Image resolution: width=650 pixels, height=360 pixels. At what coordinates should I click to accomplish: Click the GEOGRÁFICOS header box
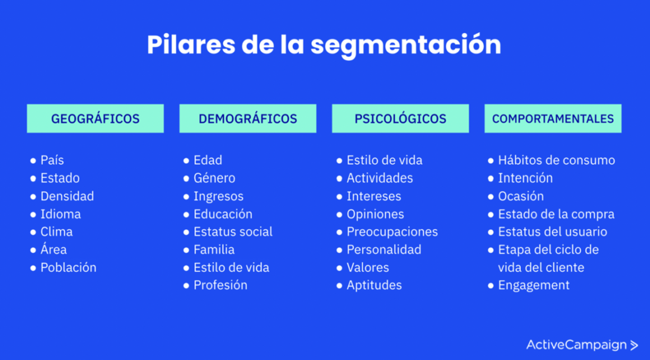tap(95, 119)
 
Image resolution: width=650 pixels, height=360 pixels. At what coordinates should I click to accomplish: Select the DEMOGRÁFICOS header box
tap(248, 119)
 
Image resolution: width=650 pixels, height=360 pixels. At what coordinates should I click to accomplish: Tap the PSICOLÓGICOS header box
tap(401, 119)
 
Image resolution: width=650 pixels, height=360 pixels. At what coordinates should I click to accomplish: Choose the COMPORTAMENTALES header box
tap(553, 119)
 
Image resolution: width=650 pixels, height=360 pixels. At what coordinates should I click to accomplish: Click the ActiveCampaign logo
tap(582, 345)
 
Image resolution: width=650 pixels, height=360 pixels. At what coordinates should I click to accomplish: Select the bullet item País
tap(52, 160)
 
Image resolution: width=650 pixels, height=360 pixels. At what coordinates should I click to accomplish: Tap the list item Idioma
tap(61, 214)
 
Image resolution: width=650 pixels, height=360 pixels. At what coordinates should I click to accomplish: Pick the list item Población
tap(69, 267)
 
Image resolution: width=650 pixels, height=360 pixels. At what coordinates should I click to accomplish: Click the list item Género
tap(214, 178)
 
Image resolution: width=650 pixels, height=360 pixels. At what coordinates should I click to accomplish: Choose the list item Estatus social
tap(233, 232)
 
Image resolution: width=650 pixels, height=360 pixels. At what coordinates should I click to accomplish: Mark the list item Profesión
tap(221, 285)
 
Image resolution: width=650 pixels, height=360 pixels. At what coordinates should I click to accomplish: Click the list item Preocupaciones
tap(392, 232)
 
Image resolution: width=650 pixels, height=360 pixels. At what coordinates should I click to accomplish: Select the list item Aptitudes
tap(374, 285)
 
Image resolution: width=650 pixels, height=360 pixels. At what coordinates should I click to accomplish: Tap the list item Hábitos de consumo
tap(557, 160)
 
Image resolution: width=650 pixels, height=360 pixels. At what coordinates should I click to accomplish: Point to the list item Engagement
tap(534, 285)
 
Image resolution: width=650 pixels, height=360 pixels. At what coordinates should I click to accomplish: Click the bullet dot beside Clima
tap(33, 232)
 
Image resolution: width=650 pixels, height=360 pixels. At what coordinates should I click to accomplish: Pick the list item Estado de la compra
tap(556, 214)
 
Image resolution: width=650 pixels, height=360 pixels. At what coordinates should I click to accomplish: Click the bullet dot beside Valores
tap(339, 268)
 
